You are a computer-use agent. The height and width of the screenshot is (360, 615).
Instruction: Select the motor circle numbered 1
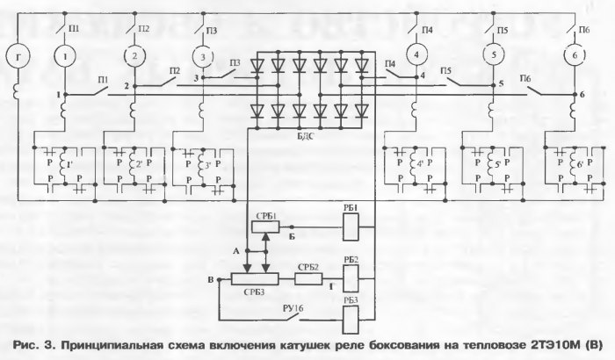[67, 57]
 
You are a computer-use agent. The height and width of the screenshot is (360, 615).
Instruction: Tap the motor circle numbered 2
[135, 57]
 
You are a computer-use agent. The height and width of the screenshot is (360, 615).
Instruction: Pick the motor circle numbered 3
[203, 57]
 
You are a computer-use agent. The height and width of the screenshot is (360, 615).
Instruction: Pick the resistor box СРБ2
[308, 279]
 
